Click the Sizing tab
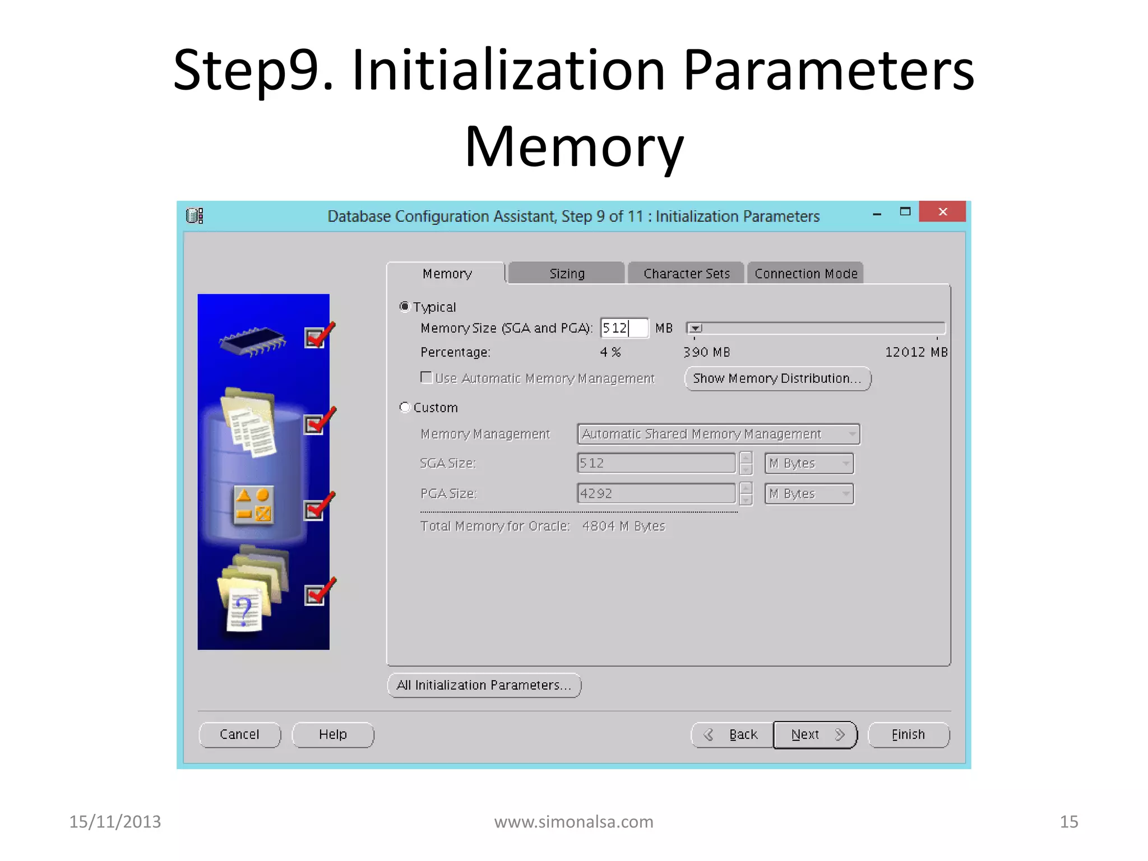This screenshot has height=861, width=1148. pos(567,274)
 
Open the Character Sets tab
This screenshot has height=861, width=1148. pos(686,274)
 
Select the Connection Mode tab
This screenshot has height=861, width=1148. pos(806,274)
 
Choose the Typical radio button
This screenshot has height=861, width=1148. pos(405,307)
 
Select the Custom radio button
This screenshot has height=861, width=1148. pos(405,408)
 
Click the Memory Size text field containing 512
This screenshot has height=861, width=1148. pos(623,328)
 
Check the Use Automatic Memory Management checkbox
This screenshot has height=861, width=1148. pos(427,378)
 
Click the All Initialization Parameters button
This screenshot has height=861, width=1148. pos(484,685)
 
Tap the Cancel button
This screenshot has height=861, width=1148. pos(239,734)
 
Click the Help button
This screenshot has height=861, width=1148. pos(333,734)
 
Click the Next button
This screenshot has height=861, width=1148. pos(815,734)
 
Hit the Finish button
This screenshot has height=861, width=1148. pos(908,734)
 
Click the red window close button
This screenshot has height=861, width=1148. pos(942,212)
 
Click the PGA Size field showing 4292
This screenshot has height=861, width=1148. pos(656,493)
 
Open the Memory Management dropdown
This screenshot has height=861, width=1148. pos(719,434)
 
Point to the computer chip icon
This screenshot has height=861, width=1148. pos(253,341)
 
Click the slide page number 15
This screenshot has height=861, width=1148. pos(1069,822)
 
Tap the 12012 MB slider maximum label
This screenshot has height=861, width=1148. pos(916,352)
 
